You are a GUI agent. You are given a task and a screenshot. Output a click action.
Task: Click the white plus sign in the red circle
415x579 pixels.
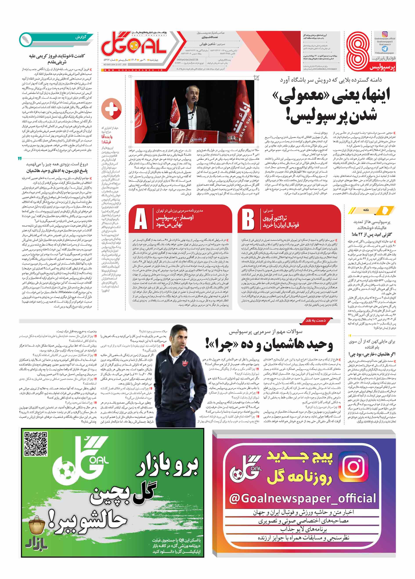coord(112,108)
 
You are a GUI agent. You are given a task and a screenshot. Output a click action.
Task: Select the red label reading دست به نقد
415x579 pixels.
coord(316,320)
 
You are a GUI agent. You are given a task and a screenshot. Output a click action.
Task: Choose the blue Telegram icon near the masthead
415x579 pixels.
coord(385,49)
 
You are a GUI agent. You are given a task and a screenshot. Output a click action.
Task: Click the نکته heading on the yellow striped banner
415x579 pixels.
coord(366,210)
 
